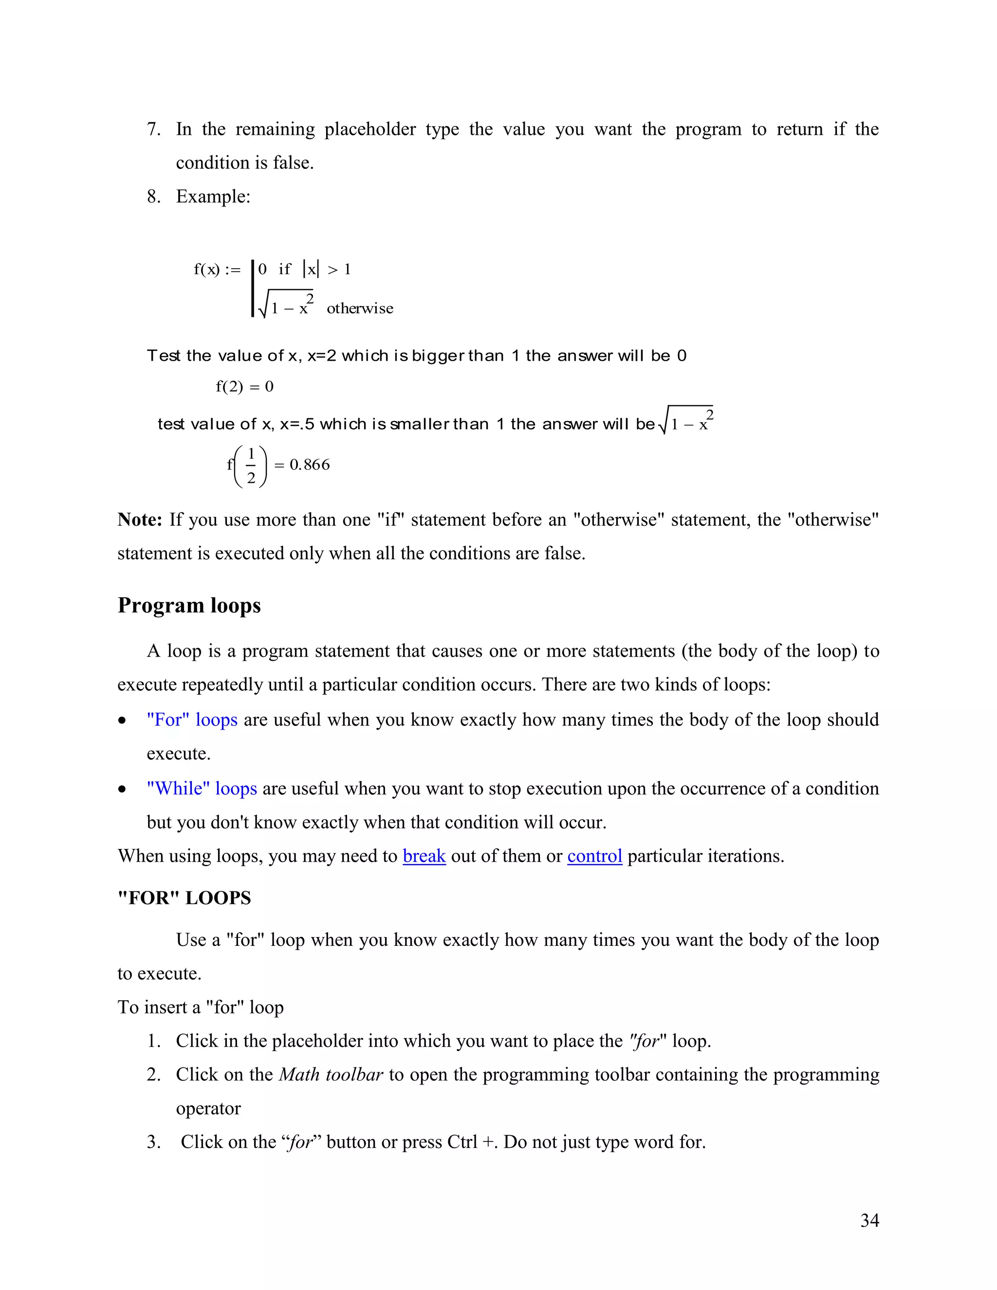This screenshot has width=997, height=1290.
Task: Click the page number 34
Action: pyautogui.click(x=869, y=1220)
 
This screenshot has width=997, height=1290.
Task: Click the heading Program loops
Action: pyautogui.click(x=189, y=606)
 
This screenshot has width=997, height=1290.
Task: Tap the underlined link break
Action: pyautogui.click(x=424, y=856)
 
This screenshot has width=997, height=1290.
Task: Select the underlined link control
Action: pyautogui.click(x=594, y=856)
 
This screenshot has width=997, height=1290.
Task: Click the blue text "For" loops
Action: pyautogui.click(x=192, y=720)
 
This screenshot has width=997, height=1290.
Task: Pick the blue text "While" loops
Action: pyautogui.click(x=202, y=789)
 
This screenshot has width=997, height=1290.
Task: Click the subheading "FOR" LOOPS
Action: pyautogui.click(x=185, y=898)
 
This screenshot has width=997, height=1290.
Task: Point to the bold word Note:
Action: pyautogui.click(x=139, y=520)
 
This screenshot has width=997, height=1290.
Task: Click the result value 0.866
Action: pyautogui.click(x=310, y=465)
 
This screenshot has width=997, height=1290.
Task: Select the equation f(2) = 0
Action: pyautogui.click(x=244, y=387)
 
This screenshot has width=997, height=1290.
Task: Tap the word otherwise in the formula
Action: pyautogui.click(x=360, y=308)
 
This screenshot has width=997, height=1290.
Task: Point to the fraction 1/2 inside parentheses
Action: pyautogui.click(x=251, y=466)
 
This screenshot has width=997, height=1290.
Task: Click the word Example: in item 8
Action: pyautogui.click(x=213, y=197)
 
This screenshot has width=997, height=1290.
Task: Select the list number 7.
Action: pyautogui.click(x=153, y=129)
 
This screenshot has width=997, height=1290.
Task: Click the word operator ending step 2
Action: pyautogui.click(x=208, y=1108)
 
